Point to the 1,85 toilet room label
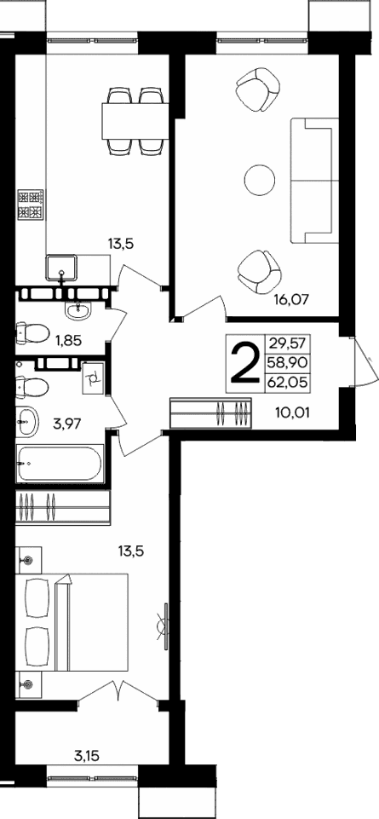[x=70, y=341]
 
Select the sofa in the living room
[x=311, y=178]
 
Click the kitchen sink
[x=62, y=267]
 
